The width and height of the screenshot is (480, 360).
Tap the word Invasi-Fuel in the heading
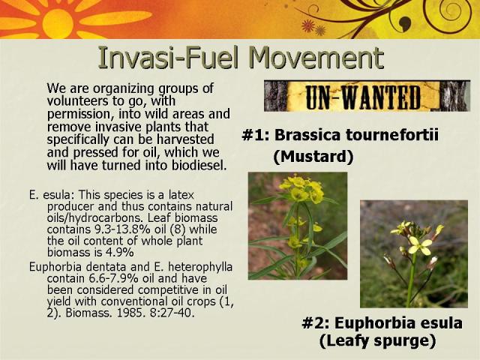tap(168, 58)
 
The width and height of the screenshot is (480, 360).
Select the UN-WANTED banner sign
tap(367, 96)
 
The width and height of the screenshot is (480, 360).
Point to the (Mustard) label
tap(313, 157)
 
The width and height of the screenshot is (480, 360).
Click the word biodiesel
tap(199, 165)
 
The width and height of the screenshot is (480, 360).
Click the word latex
tap(181, 195)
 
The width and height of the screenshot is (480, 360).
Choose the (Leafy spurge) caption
tap(377, 340)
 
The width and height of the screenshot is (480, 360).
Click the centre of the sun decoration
tap(58, 23)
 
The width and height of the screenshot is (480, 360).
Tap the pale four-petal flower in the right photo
tap(421, 245)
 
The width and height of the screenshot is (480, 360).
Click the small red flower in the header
tap(308, 25)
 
